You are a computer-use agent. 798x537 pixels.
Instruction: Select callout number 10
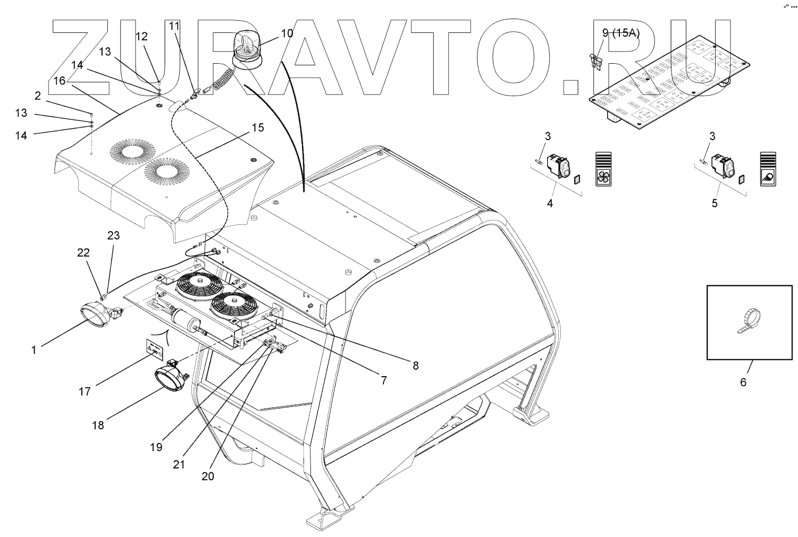287,33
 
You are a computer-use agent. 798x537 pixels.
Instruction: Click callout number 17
85,391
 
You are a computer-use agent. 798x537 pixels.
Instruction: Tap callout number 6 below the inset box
743,382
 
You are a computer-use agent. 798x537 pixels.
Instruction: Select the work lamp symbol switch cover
768,169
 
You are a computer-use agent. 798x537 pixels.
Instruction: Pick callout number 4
550,203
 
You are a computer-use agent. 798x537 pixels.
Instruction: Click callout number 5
715,203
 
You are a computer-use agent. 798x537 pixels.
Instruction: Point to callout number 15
257,127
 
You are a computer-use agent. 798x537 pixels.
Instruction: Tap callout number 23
113,236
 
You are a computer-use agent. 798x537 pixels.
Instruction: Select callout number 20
208,476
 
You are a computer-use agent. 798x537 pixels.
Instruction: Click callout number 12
141,37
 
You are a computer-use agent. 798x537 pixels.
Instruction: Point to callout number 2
38,96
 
